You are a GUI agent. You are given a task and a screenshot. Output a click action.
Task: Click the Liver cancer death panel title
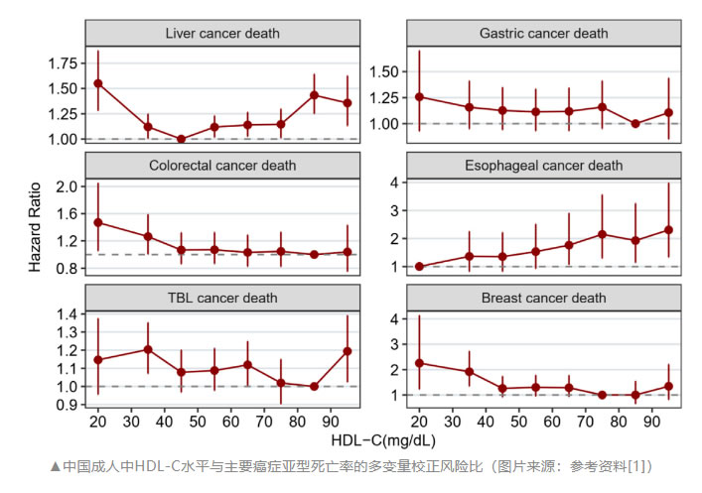221,33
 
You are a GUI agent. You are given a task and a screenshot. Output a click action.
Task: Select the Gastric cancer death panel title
543,33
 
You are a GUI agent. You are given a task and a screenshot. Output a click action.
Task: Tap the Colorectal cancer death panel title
221,165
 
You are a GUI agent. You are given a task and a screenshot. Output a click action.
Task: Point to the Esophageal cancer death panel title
543,165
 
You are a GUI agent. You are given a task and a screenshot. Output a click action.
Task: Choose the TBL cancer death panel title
221,297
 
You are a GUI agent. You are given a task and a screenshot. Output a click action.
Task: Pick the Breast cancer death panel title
543,297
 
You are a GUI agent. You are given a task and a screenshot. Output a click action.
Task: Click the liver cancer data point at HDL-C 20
98,83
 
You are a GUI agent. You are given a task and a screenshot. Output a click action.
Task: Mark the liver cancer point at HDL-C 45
181,139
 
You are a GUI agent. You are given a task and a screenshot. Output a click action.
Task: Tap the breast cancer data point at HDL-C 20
420,363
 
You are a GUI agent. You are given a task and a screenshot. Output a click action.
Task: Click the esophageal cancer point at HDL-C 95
669,230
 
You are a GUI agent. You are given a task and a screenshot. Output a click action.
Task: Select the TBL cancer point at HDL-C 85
315,386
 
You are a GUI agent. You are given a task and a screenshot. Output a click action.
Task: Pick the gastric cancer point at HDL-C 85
635,124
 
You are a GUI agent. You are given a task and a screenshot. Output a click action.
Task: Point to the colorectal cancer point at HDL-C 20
98,222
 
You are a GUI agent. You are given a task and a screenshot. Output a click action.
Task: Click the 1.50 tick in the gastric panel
389,71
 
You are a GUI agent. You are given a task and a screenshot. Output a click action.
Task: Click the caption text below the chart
351,466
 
